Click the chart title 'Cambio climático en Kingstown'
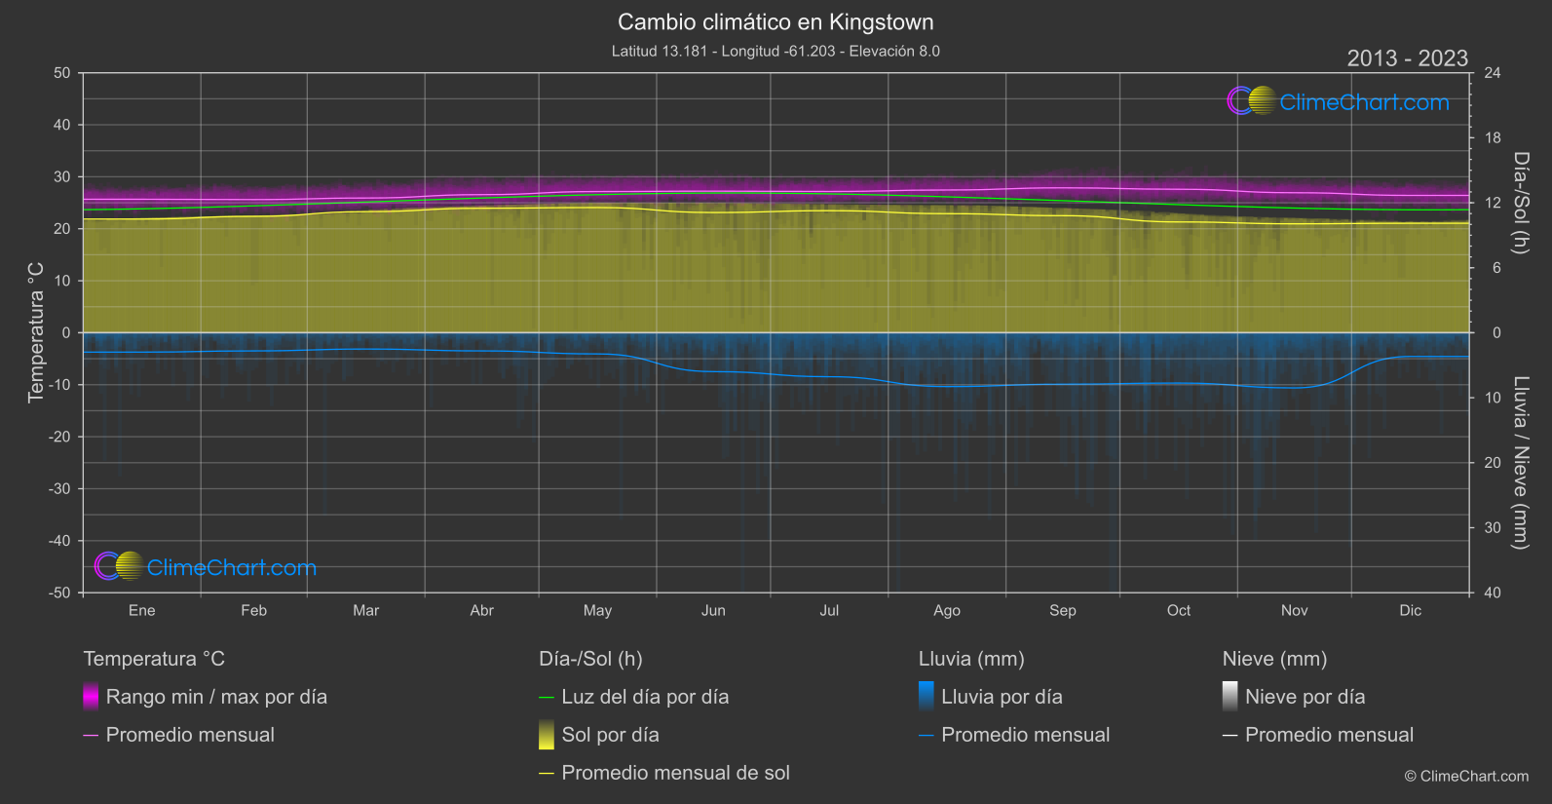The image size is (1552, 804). point(776,22)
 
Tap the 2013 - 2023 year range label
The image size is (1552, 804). point(1407,58)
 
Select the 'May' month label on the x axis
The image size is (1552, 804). point(597,611)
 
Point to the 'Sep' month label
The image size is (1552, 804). point(1062,611)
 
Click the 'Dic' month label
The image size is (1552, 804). point(1410,611)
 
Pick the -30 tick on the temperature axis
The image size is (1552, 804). point(60,489)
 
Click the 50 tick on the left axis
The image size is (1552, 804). point(62,73)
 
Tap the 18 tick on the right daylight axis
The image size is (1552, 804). point(1493,138)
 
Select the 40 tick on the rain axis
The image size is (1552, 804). point(1493,593)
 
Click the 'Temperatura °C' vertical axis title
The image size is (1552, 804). point(36,332)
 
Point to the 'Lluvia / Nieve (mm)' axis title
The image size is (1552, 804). point(1521,463)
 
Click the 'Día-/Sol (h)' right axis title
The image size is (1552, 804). point(1521,203)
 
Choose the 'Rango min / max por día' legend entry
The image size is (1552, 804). point(216,697)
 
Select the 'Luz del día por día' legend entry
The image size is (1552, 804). point(645,697)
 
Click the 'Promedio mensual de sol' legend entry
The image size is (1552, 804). point(675,773)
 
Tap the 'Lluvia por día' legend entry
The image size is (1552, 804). point(1002,697)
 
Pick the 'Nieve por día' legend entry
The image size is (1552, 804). point(1305,697)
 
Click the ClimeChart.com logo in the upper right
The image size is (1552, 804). point(1339,101)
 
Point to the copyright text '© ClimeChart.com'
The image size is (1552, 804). point(1466,777)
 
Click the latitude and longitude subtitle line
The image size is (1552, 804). point(776,52)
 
